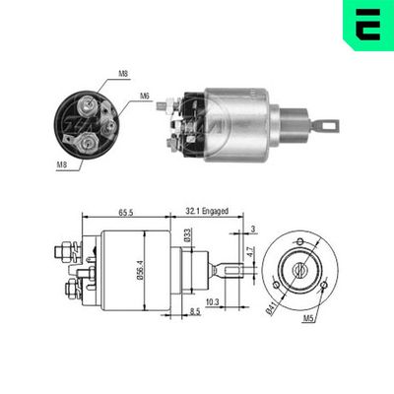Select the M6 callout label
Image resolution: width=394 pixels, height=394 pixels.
[x=144, y=98]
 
